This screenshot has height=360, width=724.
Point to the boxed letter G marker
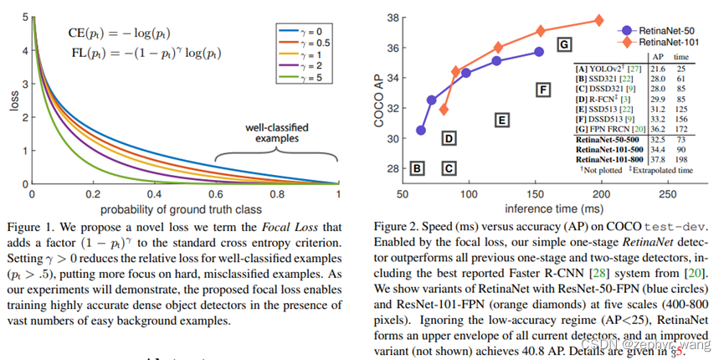pyautogui.click(x=564, y=44)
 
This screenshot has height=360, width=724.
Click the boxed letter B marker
pyautogui.click(x=416, y=168)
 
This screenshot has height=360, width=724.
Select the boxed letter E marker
pyautogui.click(x=501, y=121)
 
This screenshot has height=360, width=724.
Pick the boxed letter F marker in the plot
pyautogui.click(x=542, y=90)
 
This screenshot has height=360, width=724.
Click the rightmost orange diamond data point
pyautogui.click(x=599, y=20)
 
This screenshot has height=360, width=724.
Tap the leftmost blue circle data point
pyautogui.click(x=421, y=131)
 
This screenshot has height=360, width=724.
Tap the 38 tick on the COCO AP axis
pyautogui.click(x=392, y=17)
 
